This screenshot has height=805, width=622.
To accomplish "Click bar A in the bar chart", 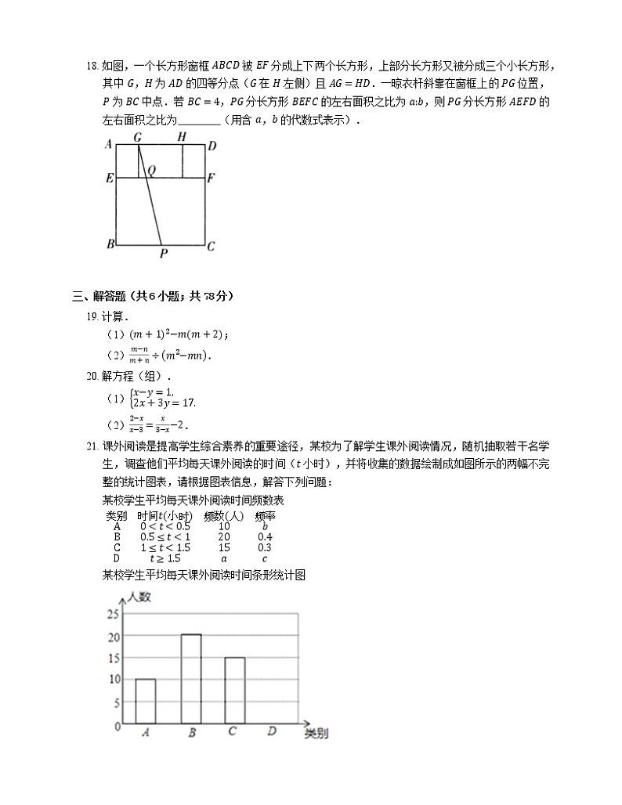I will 145,701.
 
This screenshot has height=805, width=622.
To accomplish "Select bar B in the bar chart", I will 190,679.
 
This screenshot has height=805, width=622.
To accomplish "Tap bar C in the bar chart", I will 234,690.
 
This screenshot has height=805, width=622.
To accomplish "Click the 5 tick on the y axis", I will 117,703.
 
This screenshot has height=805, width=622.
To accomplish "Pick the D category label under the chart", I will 271,732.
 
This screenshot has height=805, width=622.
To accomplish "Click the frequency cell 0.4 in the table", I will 265,537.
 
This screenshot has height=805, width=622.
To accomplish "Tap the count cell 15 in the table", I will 223,547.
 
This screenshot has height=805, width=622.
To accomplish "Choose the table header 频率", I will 265,516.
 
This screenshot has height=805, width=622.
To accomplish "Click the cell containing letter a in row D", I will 223,558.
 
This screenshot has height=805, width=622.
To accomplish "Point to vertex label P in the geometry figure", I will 163,254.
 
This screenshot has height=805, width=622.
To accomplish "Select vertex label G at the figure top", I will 137,137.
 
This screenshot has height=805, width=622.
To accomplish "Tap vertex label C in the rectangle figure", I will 211,246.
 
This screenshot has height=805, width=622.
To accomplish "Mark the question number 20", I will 91,376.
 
